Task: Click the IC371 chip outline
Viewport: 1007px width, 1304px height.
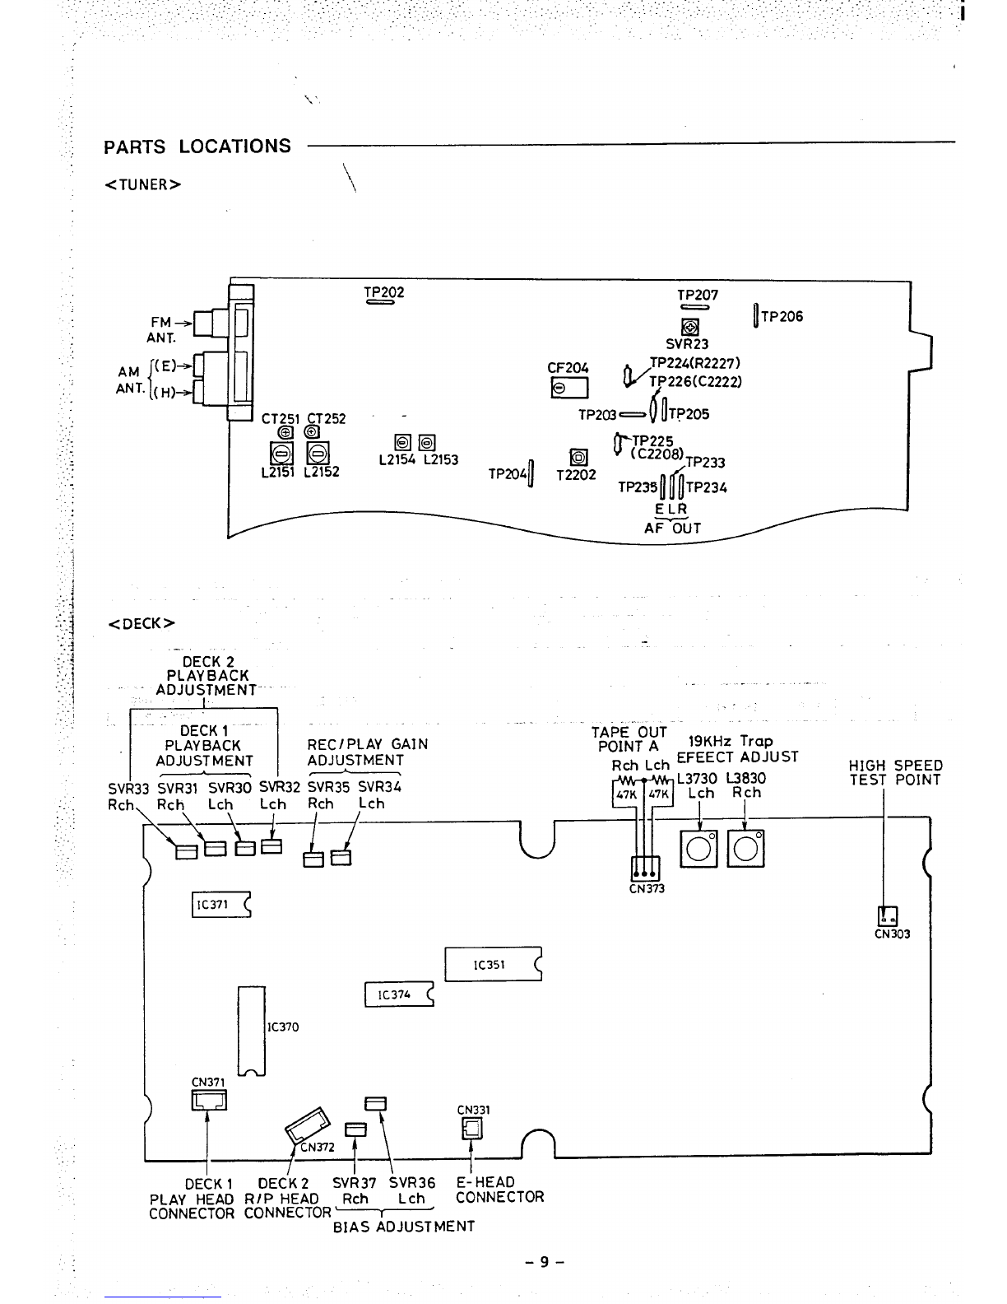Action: tap(221, 905)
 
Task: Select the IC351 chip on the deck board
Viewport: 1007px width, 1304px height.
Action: tap(493, 964)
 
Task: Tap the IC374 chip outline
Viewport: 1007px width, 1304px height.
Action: tap(399, 994)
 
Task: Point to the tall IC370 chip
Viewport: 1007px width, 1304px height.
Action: tap(251, 1031)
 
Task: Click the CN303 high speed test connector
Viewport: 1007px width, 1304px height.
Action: tap(887, 916)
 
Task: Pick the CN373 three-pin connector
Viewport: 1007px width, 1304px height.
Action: tap(645, 869)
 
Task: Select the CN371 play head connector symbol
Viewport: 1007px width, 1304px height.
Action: tap(209, 1100)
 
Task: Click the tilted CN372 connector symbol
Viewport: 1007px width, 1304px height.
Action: tap(308, 1125)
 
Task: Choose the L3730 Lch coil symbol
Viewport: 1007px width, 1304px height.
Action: tap(698, 849)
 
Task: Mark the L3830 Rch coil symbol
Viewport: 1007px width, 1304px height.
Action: tap(745, 849)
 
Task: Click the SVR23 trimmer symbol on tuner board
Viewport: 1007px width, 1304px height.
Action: tap(690, 327)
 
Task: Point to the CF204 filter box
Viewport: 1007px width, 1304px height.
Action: tap(569, 388)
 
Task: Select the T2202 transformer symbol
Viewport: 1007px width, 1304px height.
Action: tap(578, 458)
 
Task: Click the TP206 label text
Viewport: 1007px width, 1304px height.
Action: tap(782, 316)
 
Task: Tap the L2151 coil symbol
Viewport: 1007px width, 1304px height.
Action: tap(281, 453)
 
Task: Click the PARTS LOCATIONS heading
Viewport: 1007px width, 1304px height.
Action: tap(197, 147)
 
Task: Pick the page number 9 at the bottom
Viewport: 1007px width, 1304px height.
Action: tap(545, 1261)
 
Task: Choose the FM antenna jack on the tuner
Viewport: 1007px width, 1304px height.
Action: tap(211, 324)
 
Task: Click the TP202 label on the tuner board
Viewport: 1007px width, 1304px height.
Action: tap(384, 292)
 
